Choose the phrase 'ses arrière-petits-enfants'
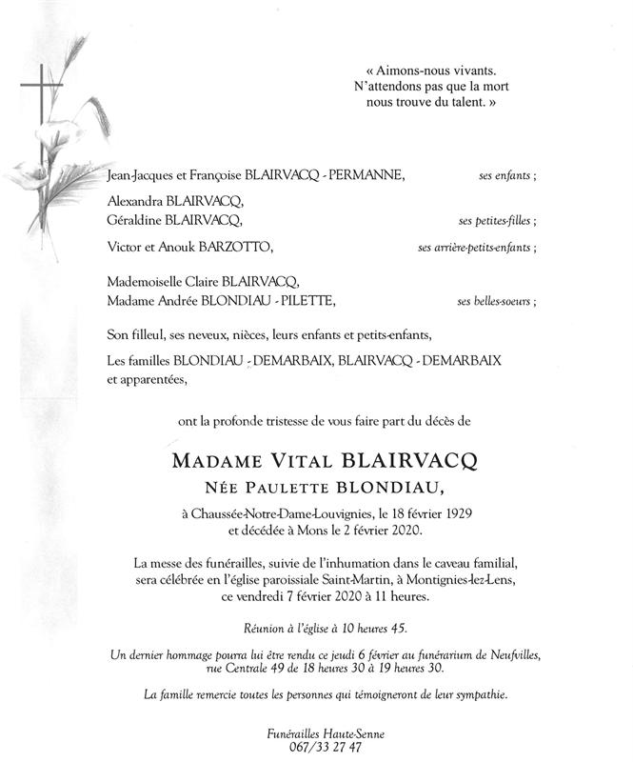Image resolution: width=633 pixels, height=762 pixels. (x=475, y=248)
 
